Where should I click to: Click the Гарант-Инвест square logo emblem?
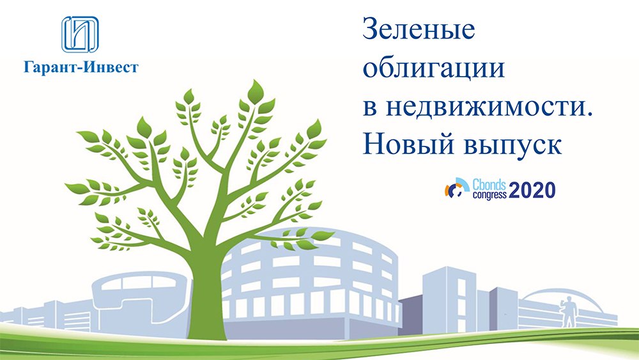tap(80, 35)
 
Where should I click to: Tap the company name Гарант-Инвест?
tap(81, 67)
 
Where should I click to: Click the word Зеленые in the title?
tap(419, 29)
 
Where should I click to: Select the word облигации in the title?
tap(434, 68)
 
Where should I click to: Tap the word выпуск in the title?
tap(512, 146)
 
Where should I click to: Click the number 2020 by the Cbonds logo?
tap(532, 191)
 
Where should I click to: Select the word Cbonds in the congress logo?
tap(489, 185)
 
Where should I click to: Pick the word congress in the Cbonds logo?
tap(489, 195)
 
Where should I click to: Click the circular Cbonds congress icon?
tap(457, 189)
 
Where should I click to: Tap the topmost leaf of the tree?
tap(256, 91)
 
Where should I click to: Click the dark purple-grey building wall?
tap(411, 317)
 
